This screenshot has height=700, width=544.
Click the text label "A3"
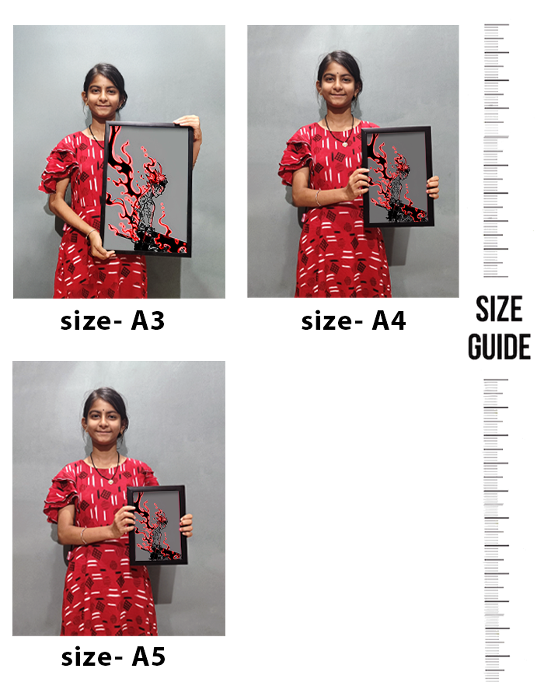[x=148, y=320]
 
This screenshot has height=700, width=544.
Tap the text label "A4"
[x=389, y=320]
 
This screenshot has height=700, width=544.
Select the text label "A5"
[x=148, y=656]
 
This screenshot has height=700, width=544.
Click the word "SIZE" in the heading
[x=499, y=309]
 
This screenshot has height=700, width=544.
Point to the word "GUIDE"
[x=499, y=346]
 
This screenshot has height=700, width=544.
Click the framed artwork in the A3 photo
[x=147, y=189]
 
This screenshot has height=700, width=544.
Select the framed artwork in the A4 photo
[x=397, y=177]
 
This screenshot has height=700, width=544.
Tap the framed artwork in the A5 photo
[x=158, y=525]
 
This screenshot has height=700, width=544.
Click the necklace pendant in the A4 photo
[x=345, y=144]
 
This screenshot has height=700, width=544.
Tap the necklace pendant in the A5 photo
[x=111, y=481]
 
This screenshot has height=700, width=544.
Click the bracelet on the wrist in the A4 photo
[x=318, y=198]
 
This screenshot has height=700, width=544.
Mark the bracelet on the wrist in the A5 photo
[x=83, y=535]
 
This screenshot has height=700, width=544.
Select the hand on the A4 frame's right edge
[x=433, y=187]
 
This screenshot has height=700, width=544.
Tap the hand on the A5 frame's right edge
[x=187, y=525]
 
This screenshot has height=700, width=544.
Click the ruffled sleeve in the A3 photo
[x=57, y=170]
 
